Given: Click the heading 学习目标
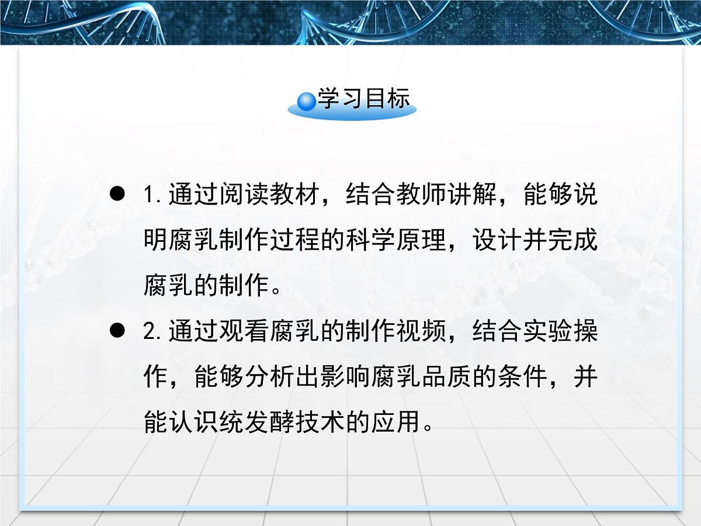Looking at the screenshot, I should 364,100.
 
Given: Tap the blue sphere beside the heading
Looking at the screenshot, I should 306,102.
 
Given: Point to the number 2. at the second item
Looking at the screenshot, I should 154,333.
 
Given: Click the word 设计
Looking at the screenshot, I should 498,241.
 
